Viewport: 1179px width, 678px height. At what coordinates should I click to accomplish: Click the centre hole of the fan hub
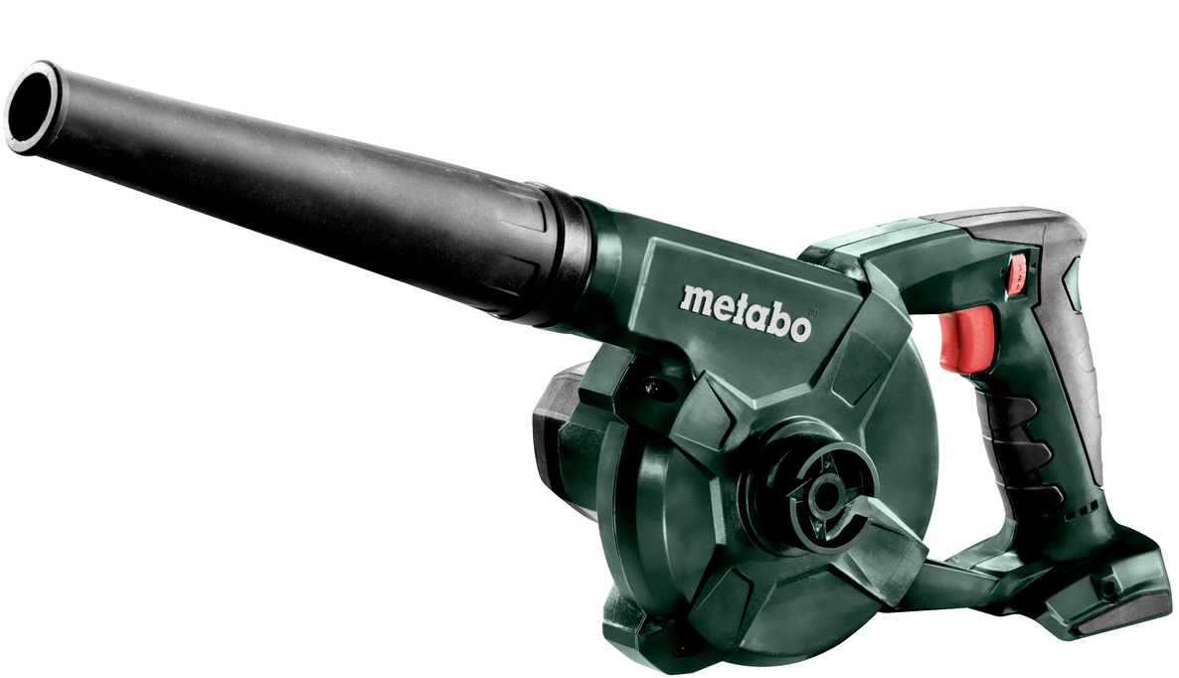[828, 495]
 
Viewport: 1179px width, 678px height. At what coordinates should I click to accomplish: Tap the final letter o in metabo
[798, 328]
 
